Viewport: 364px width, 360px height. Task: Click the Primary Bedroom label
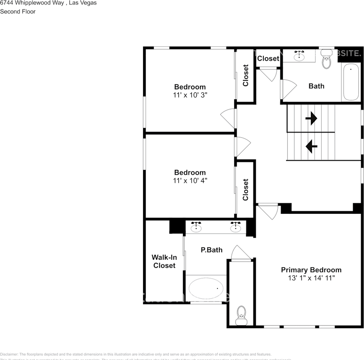[x=311, y=270]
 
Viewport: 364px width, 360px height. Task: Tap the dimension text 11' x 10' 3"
[x=190, y=95]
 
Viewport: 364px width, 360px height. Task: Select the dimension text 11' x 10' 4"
[x=190, y=180]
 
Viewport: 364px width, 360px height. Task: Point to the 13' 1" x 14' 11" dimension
[x=311, y=278]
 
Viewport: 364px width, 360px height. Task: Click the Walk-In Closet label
[x=164, y=261]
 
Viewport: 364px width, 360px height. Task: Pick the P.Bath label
[x=212, y=250]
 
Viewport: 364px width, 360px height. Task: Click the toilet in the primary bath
[x=242, y=315]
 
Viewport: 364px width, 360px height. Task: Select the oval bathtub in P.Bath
[x=206, y=288]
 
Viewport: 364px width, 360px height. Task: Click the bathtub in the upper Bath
[x=351, y=82]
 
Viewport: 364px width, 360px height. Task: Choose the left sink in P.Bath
[x=196, y=227]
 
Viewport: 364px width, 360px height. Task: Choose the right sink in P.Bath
[x=236, y=227]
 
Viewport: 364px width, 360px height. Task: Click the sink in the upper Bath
[x=299, y=56]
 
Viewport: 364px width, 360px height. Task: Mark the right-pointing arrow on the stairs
[x=311, y=118]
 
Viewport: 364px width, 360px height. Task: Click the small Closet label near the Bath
[x=268, y=58]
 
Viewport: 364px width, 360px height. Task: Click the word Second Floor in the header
[x=18, y=12]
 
